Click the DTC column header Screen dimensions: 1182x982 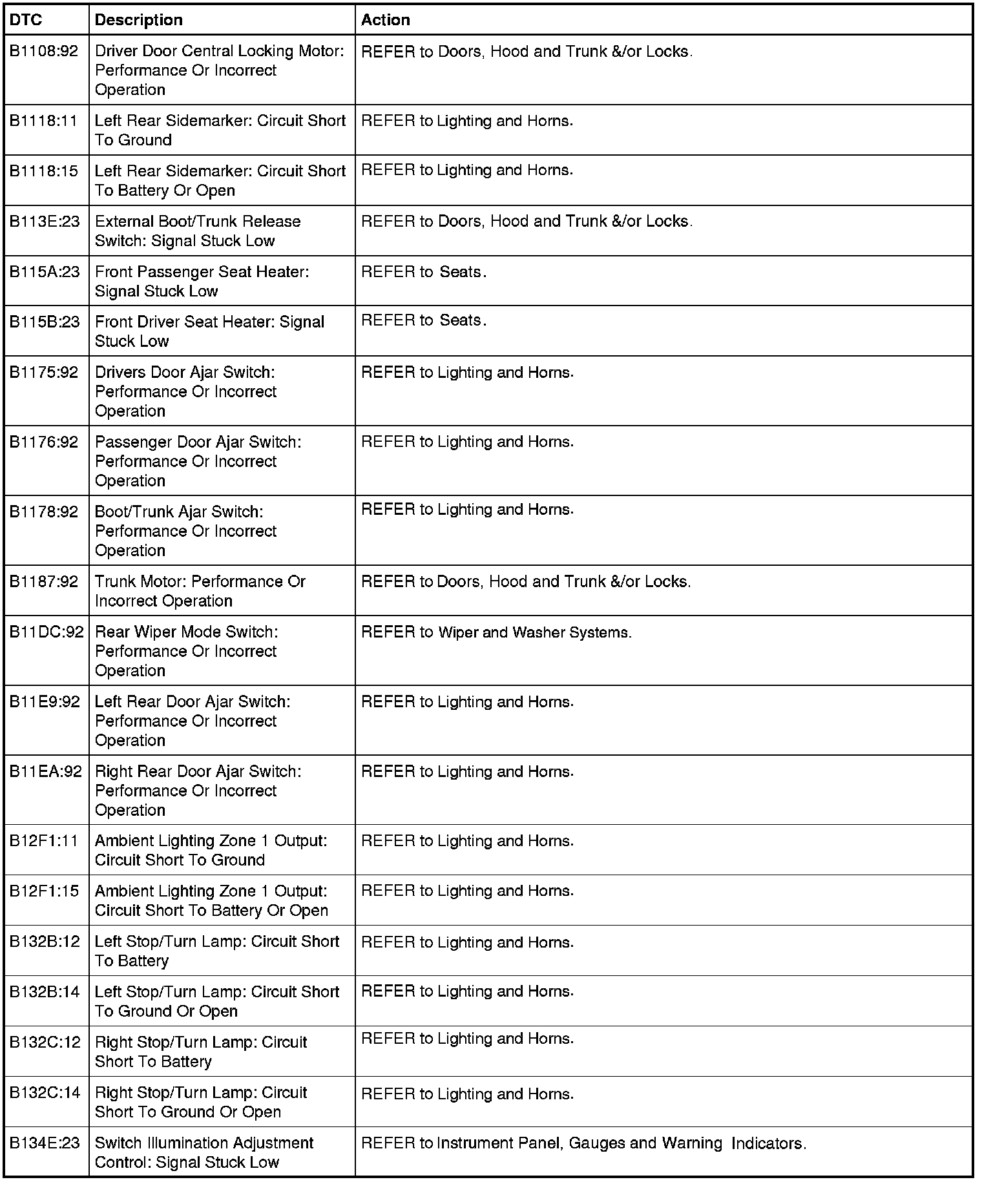(26, 20)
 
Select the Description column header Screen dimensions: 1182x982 (138, 20)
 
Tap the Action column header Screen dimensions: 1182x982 (385, 20)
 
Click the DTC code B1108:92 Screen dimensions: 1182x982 (44, 51)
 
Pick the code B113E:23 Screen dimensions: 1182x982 (45, 222)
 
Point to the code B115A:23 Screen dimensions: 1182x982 (45, 272)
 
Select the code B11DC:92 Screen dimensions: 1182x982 (47, 632)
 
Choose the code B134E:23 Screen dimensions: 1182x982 (45, 1143)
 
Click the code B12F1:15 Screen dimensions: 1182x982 (44, 891)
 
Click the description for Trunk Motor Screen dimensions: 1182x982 (200, 591)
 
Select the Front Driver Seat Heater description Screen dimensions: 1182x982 (209, 331)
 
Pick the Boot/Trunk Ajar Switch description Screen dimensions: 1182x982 (186, 531)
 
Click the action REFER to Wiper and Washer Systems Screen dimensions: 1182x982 (496, 632)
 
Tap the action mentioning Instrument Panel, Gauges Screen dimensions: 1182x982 (583, 1143)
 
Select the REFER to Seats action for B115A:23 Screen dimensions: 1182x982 (424, 272)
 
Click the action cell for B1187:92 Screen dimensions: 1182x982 (526, 582)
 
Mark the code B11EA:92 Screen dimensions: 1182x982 (46, 772)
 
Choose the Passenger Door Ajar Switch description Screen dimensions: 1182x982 (198, 461)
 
